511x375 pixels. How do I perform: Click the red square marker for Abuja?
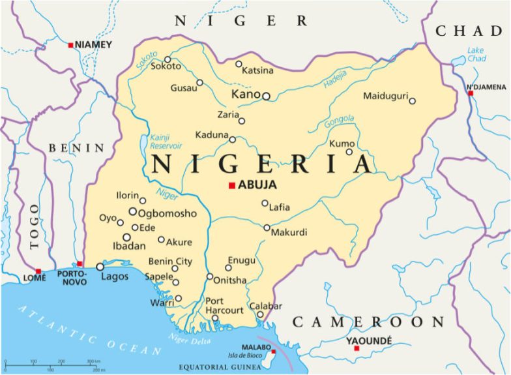(231, 185)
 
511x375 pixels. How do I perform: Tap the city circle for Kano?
(266, 96)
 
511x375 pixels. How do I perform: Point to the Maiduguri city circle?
(412, 100)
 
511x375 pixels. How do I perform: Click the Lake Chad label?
(476, 55)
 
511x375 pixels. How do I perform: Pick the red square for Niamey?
(70, 45)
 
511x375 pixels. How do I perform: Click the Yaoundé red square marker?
(356, 348)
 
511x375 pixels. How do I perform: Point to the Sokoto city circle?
(168, 59)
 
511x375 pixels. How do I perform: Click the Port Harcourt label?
(224, 305)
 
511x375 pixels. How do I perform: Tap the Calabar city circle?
(259, 314)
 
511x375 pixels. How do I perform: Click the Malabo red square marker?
(273, 352)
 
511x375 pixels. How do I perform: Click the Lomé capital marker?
(38, 271)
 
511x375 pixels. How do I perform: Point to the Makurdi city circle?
(267, 228)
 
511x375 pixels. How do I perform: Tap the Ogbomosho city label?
(167, 213)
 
